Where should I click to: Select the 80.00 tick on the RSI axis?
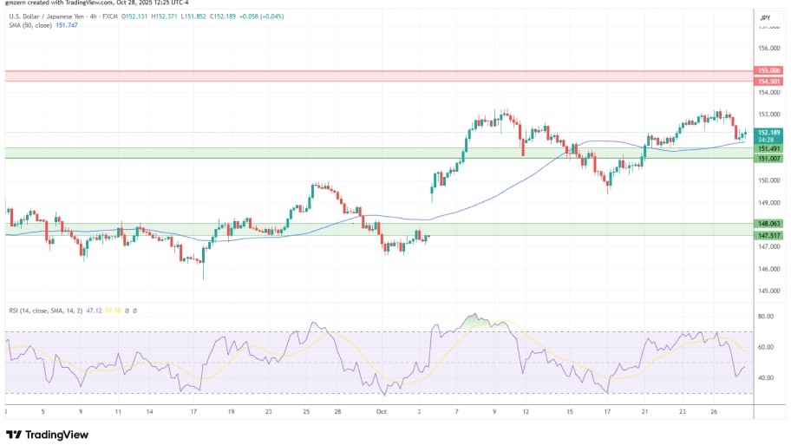[x=765, y=317]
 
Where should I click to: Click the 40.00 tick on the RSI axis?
[x=765, y=378]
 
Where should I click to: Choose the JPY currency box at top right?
[x=765, y=17]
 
